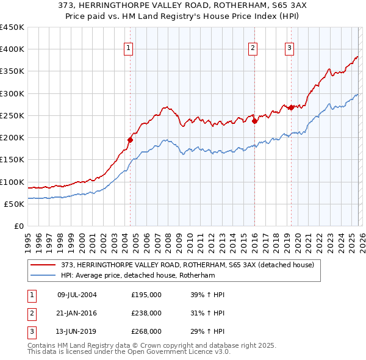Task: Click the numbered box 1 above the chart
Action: pos(129,49)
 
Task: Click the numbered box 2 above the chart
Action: pos(253,49)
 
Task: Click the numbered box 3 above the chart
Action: pos(290,49)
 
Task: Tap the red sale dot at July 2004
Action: pos(130,140)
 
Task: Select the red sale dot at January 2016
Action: pos(254,121)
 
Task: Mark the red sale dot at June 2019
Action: pos(291,107)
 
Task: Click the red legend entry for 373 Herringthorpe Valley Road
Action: pos(187,265)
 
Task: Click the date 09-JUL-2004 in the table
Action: pos(77,295)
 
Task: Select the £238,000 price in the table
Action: pos(146,313)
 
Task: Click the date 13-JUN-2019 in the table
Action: pos(77,331)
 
